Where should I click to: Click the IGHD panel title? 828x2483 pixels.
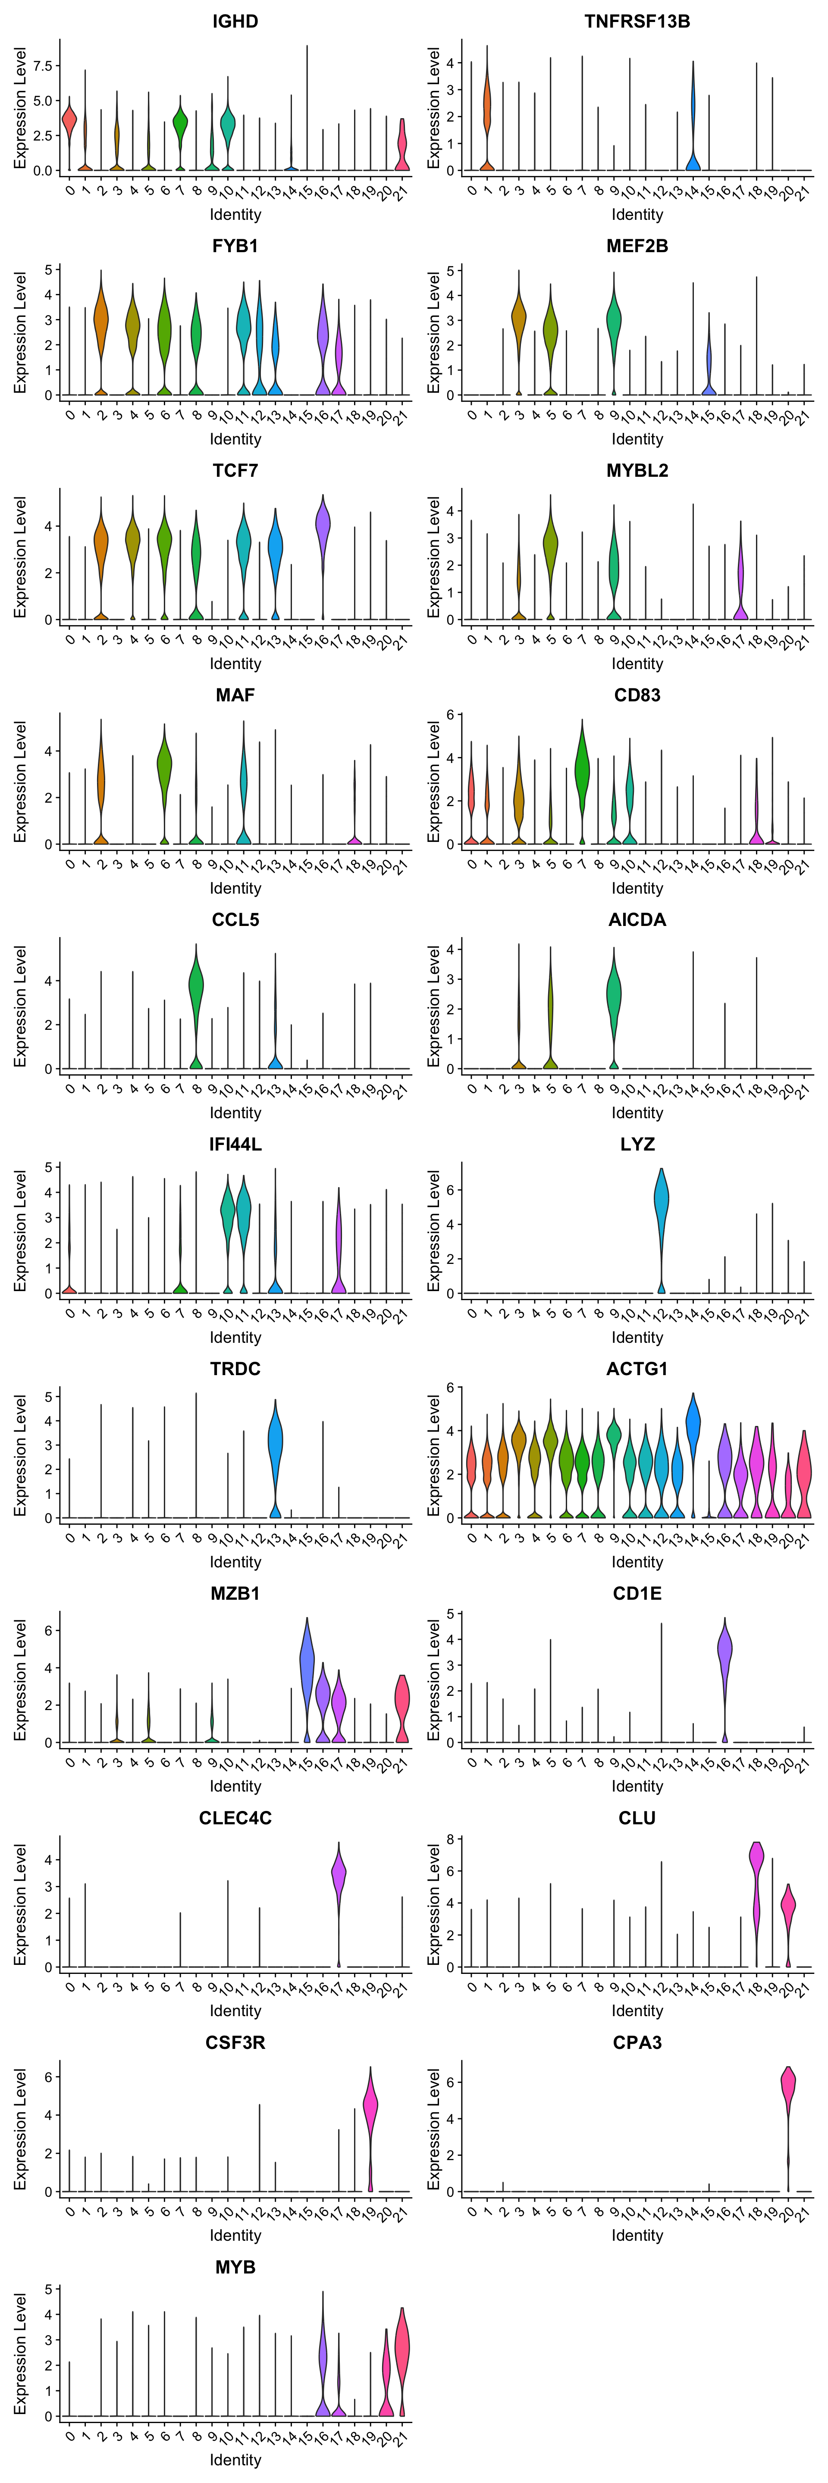pyautogui.click(x=235, y=21)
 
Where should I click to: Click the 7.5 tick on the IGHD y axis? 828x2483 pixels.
pyautogui.click(x=42, y=66)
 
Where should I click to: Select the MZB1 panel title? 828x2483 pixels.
pyautogui.click(x=235, y=1593)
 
